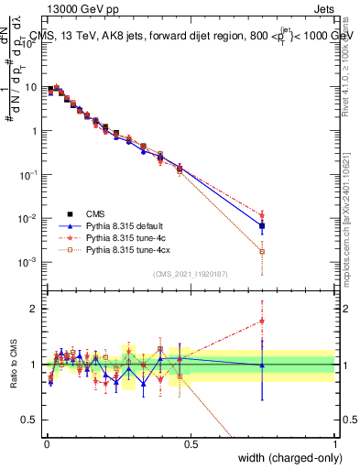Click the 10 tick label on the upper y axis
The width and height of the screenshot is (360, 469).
tap(33, 87)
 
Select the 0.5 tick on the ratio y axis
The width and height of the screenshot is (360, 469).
tap(33, 420)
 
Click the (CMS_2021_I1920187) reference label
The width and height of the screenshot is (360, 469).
tap(191, 273)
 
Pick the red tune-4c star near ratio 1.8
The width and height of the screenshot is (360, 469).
tap(262, 321)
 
